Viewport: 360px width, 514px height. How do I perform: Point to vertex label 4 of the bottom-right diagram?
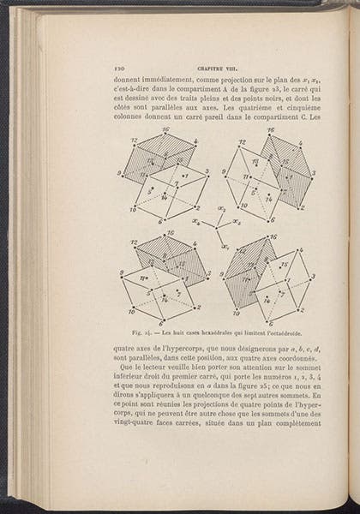(300, 250)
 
